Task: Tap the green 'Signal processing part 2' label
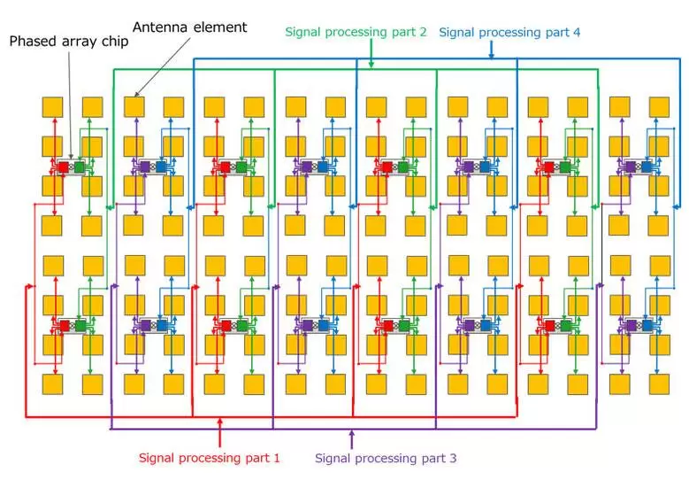click(356, 32)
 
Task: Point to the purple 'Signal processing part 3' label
click(386, 458)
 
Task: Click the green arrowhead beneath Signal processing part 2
click(371, 64)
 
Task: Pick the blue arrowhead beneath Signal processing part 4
click(492, 55)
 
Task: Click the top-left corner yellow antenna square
click(53, 107)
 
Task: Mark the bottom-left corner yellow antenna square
click(53, 384)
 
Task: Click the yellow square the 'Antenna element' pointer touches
click(134, 107)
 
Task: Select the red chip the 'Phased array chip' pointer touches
click(63, 166)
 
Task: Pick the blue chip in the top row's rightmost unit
click(647, 166)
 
